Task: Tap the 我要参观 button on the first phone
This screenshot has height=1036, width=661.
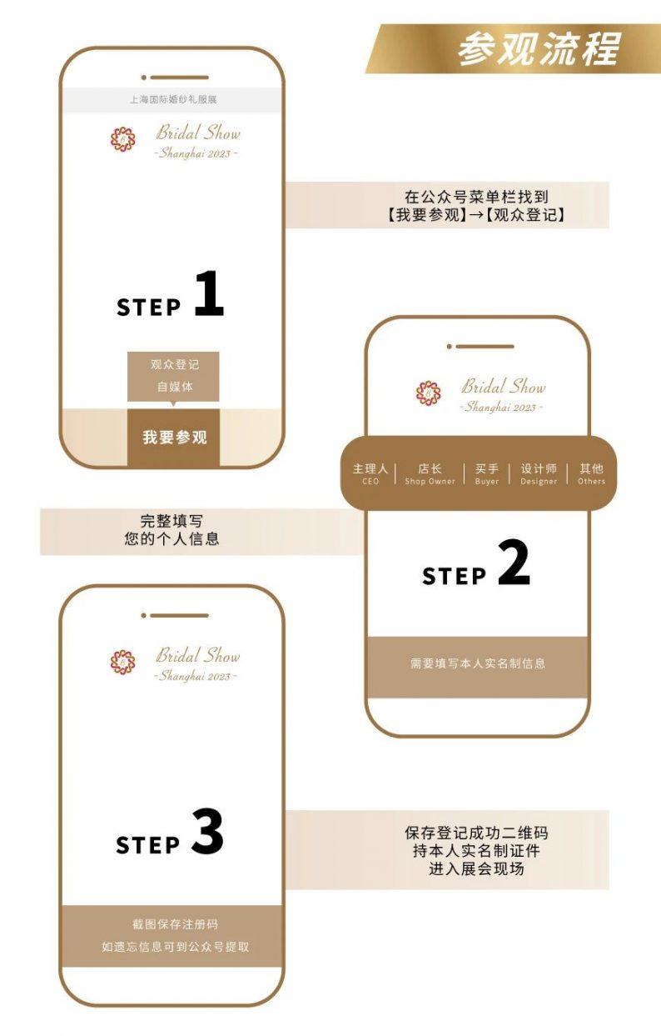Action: coord(174,437)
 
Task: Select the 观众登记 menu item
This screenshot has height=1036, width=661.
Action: coord(174,365)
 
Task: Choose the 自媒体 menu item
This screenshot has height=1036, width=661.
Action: coord(174,387)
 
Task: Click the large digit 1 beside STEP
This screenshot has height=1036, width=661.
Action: coord(209,293)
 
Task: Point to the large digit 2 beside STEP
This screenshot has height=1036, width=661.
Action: coord(514,563)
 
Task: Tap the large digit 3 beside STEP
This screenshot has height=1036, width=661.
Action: coord(207,832)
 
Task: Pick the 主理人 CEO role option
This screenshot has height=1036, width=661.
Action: coord(370,473)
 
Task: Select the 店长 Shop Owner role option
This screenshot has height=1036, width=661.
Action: coord(430,473)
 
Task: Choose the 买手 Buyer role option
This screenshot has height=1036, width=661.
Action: coord(487,473)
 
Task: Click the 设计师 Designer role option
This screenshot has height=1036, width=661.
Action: coord(539,473)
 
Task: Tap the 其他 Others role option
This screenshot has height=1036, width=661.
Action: coord(591,473)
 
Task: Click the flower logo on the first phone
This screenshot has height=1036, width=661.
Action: coord(123,139)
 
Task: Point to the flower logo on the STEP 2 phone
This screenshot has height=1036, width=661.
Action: coord(429,393)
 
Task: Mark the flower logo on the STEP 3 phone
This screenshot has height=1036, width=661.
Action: coord(123,662)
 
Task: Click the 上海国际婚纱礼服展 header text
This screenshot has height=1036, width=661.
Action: coord(173,100)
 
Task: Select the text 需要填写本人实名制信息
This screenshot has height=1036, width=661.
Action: coord(477,664)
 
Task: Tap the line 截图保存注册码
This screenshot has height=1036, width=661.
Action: coord(175,924)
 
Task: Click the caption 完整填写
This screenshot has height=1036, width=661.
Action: coord(171,522)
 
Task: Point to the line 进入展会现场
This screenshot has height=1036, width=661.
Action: coord(476,868)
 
